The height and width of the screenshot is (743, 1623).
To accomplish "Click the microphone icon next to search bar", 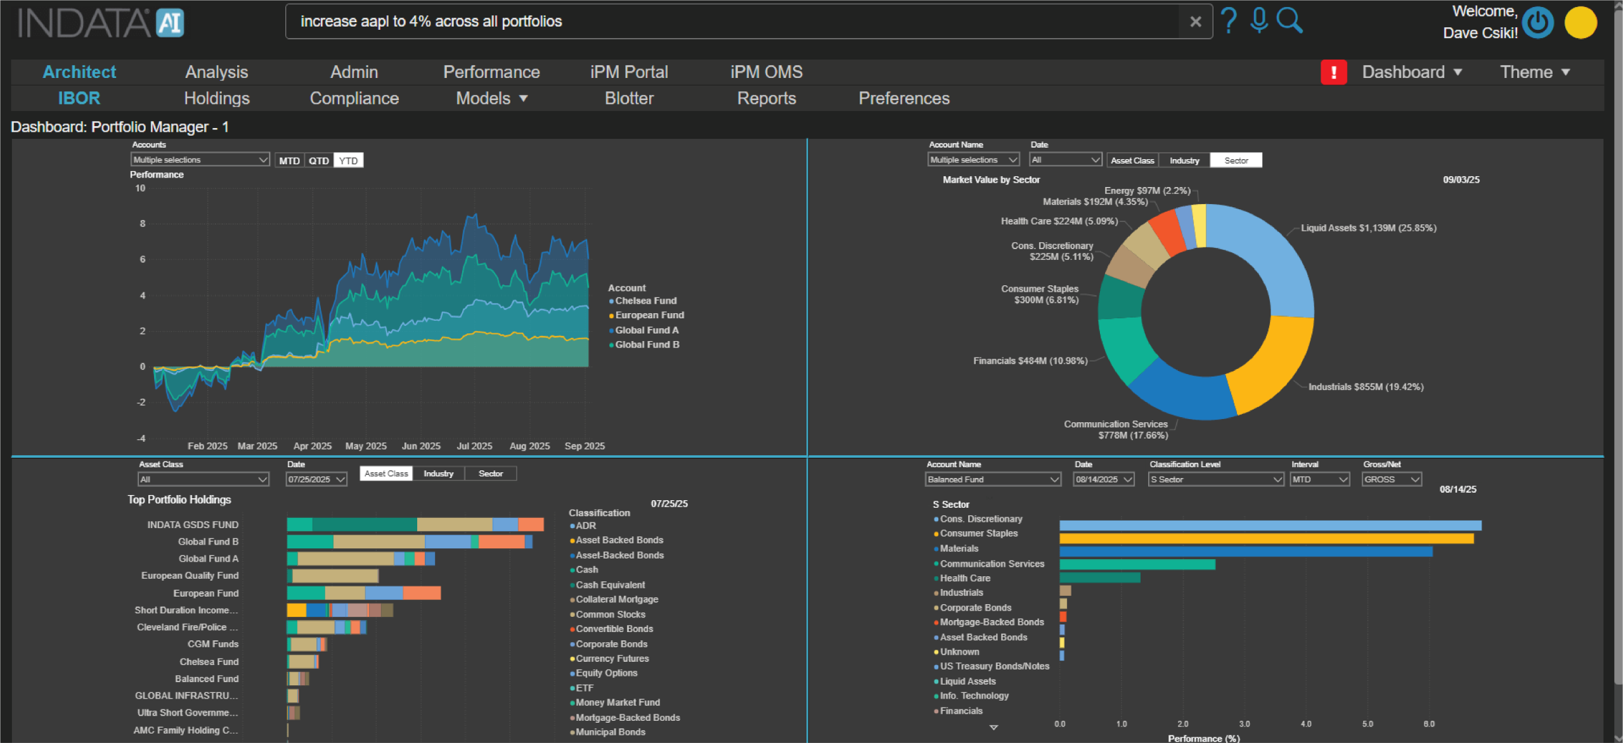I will coord(1259,20).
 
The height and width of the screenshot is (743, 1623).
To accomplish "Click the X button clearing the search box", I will coord(1196,22).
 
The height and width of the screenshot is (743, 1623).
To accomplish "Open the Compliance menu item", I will coord(354,98).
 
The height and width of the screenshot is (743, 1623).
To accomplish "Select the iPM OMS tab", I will coord(766,72).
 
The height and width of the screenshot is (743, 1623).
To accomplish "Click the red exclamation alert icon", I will coord(1333,72).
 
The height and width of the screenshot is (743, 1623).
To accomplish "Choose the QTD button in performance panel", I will coord(318,160).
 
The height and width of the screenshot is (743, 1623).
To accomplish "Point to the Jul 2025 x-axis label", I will coord(474,446).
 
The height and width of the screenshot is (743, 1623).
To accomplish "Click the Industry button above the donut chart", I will coord(1184,160).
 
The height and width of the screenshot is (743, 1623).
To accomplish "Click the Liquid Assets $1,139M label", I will coord(1368,228).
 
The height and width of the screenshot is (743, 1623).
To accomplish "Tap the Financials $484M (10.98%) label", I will coord(1030,361).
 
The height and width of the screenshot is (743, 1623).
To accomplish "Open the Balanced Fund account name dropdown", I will coord(993,479).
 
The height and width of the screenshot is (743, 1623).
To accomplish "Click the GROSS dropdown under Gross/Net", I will coord(1392,479).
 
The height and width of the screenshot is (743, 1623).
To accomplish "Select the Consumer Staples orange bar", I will coord(1265,538).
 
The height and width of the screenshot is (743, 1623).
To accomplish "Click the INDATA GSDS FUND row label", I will coord(193,524).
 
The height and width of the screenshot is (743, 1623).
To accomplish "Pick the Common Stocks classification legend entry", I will coord(610,614).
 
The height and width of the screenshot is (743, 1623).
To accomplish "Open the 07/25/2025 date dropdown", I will coord(316,479).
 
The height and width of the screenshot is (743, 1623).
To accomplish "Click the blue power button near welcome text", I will coord(1537,23).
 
